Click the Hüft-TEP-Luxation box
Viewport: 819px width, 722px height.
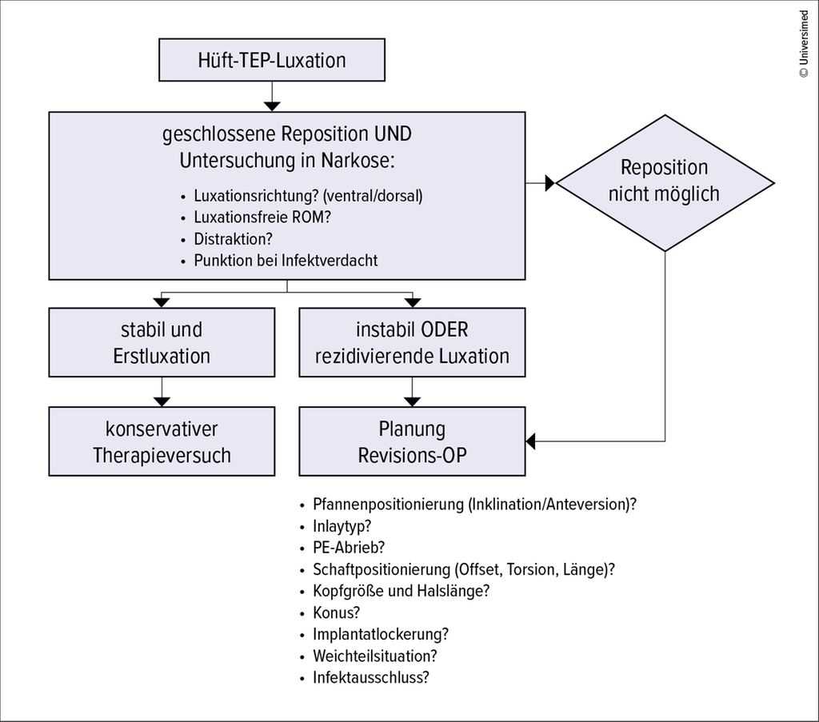click(272, 59)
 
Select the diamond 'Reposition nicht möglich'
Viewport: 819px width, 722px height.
click(665, 183)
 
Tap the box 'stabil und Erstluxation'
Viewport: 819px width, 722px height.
click(162, 342)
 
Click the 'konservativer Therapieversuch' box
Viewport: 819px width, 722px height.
click(162, 441)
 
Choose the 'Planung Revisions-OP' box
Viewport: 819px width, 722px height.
click(412, 441)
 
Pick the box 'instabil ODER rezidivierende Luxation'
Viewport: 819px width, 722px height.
click(412, 342)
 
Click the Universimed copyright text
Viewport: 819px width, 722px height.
click(804, 44)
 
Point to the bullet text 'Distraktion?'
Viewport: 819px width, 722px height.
click(233, 239)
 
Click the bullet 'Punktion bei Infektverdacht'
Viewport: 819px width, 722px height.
click(286, 261)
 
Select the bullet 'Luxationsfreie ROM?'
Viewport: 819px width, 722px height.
click(262, 217)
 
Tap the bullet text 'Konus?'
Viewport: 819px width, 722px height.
click(337, 612)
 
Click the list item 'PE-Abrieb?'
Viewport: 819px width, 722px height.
click(349, 548)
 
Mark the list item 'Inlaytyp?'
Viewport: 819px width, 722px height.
click(342, 526)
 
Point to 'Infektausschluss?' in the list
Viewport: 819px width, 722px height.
click(371, 678)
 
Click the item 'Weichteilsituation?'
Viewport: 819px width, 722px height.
click(374, 656)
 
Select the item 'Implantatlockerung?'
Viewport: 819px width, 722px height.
click(380, 634)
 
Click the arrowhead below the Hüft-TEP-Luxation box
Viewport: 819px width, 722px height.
click(272, 106)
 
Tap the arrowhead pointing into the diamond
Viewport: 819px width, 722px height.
click(550, 183)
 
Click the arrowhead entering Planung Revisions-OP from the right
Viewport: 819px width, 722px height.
click(531, 441)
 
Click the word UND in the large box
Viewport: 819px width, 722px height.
click(393, 134)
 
